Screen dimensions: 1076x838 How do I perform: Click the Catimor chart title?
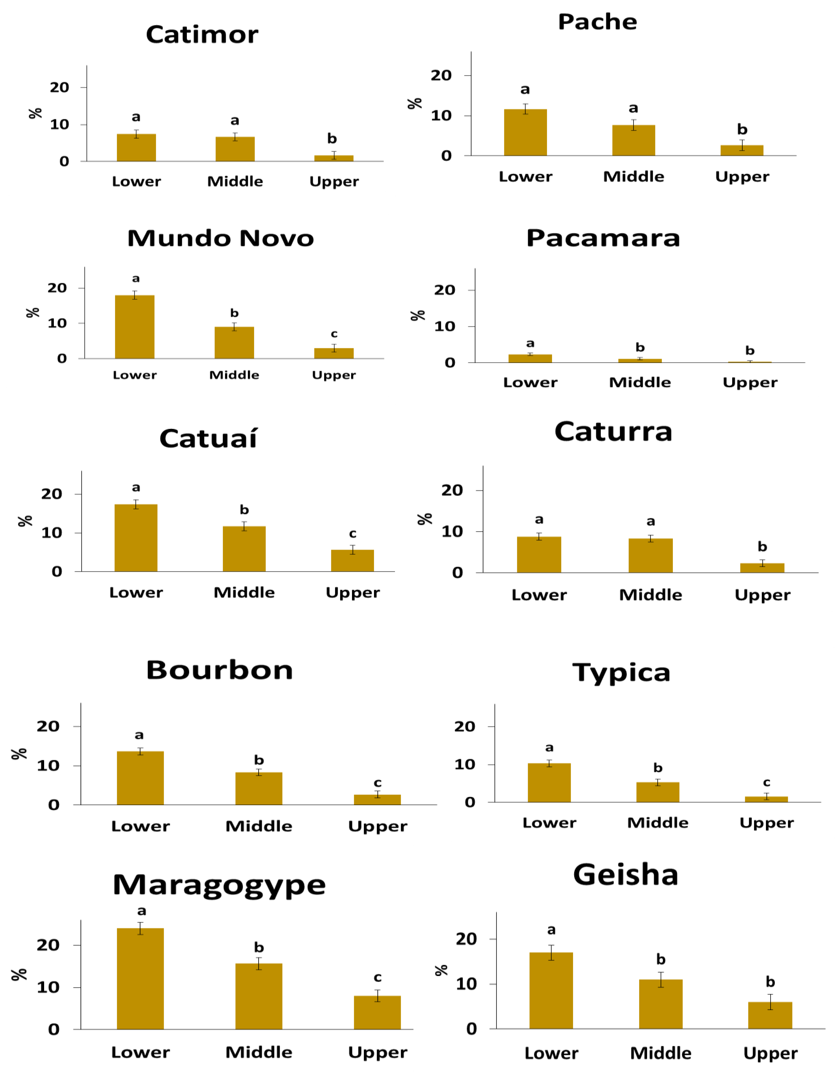[x=202, y=34]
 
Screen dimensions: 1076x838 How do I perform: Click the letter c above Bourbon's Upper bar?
[x=377, y=783]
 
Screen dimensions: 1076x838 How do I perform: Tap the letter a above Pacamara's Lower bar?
[x=530, y=343]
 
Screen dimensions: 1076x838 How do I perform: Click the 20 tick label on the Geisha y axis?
[x=466, y=939]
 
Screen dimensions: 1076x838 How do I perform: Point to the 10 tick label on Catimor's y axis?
[x=60, y=125]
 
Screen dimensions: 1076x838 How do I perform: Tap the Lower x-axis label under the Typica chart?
[x=549, y=823]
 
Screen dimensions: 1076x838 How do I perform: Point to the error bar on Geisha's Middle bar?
[x=661, y=979]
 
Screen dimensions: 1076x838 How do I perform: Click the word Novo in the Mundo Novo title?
[x=277, y=238]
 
